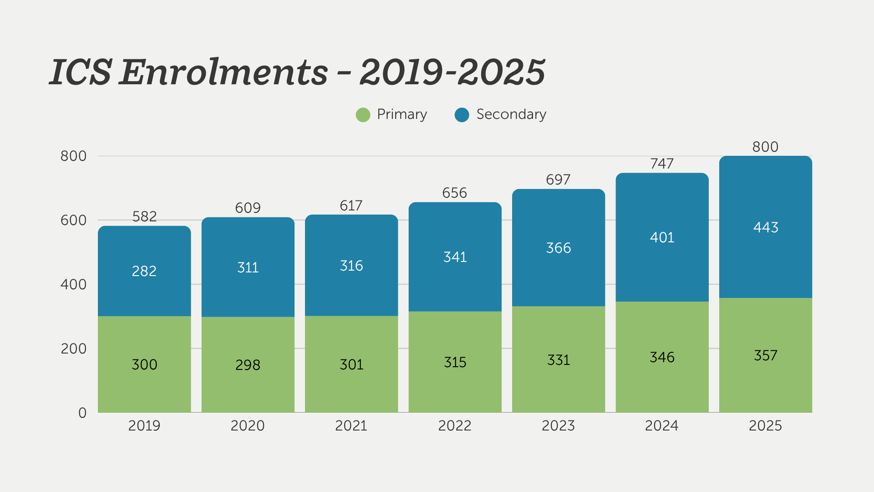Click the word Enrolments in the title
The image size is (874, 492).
[x=223, y=72]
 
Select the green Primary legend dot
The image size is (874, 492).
[x=363, y=115]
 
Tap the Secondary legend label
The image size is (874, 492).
[x=511, y=114]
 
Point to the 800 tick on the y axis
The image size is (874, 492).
[x=73, y=156]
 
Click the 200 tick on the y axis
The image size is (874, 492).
[x=73, y=349]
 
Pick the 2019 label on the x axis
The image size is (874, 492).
[x=144, y=425]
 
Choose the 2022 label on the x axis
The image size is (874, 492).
[x=455, y=425]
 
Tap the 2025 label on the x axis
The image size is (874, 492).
[x=765, y=425]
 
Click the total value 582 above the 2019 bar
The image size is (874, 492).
[x=144, y=216]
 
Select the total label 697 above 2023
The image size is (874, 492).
[x=558, y=180]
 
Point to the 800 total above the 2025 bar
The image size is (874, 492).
[x=765, y=147]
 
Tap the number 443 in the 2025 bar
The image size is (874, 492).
[x=766, y=227]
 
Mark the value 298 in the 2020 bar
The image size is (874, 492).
[x=248, y=365]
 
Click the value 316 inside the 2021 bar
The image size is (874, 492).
[x=351, y=266]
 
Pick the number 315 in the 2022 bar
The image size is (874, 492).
[x=455, y=362]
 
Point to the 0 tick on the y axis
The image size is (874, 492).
[x=82, y=413]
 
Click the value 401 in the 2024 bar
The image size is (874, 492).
[x=662, y=237]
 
